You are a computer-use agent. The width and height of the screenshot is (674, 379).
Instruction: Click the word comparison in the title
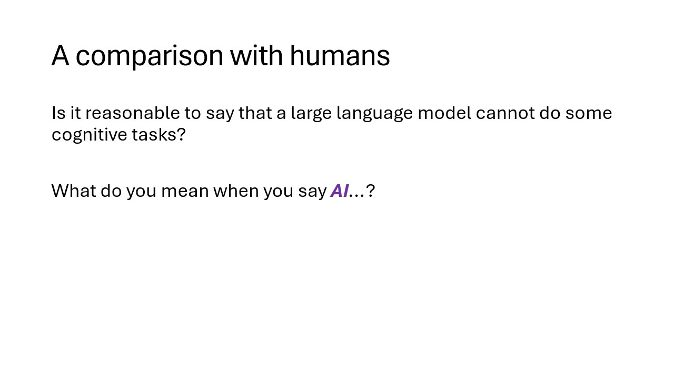pos(150,56)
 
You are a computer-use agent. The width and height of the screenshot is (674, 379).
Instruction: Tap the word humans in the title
pos(340,55)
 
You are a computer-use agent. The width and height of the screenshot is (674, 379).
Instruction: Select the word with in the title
pos(256,55)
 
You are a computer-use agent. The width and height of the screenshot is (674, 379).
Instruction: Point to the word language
pos(374,114)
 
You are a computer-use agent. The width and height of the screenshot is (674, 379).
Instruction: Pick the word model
pos(444,113)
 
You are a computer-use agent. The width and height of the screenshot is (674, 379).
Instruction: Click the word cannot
pos(505,114)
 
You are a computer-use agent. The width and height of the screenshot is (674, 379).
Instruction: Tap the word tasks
pos(154,134)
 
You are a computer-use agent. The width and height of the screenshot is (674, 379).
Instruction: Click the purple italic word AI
pos(340,191)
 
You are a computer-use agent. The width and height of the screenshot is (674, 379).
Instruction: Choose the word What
pos(74,191)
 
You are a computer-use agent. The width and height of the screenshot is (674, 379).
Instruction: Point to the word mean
pos(185,191)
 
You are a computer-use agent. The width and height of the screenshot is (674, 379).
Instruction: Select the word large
pos(311,114)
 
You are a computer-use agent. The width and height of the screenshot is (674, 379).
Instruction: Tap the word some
pos(589,114)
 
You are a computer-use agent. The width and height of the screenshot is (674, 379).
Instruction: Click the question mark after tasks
pos(181,134)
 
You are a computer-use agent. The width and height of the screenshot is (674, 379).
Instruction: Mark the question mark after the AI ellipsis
pos(370,191)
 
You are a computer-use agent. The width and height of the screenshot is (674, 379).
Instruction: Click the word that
pos(255,113)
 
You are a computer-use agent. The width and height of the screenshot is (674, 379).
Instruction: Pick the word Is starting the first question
pos(58,113)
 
